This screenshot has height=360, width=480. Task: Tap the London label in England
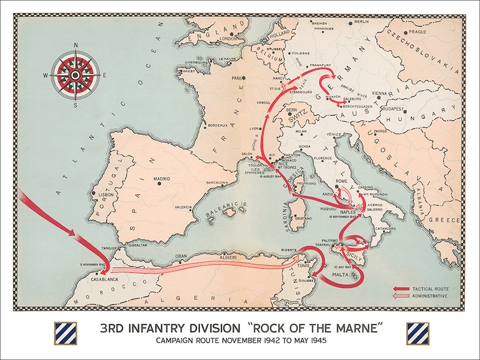click(x=229, y=39)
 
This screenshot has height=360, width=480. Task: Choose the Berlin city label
click(x=362, y=21)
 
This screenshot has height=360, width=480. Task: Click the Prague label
click(x=417, y=31)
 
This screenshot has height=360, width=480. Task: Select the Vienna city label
click(x=379, y=93)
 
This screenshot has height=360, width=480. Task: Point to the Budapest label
click(x=397, y=110)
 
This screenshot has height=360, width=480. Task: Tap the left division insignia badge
click(x=65, y=333)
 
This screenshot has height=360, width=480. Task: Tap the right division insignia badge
click(x=417, y=333)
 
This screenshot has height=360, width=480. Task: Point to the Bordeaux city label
click(x=216, y=125)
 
